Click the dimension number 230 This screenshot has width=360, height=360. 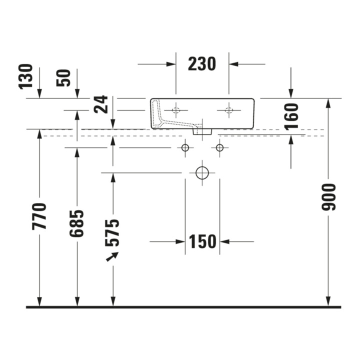click(x=202, y=64)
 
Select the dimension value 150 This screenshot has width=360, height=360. click(x=202, y=241)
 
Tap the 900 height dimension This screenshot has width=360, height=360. click(x=328, y=197)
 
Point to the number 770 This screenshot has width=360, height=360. click(x=39, y=216)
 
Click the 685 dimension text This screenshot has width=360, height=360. click(x=76, y=223)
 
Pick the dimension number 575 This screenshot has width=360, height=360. click(x=112, y=233)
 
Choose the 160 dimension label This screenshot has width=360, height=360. click(x=291, y=116)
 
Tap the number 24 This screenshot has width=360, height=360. click(x=101, y=104)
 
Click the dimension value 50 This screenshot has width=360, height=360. click(x=63, y=78)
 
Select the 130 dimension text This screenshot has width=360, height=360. click(x=25, y=76)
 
